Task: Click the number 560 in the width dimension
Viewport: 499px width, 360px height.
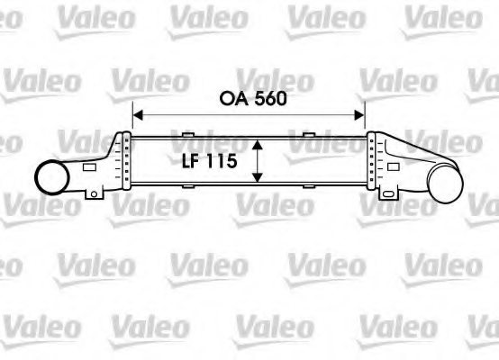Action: point(268,98)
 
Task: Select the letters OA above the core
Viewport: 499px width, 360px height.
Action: point(228,98)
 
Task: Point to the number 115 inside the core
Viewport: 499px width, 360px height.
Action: point(222,162)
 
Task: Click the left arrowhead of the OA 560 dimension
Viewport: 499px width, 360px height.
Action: point(138,114)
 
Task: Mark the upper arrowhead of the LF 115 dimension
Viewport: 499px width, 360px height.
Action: point(258,144)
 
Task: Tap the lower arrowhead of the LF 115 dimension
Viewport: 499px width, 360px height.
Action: point(258,177)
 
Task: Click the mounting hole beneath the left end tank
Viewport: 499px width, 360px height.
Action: point(93,194)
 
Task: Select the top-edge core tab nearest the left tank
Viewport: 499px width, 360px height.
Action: point(187,136)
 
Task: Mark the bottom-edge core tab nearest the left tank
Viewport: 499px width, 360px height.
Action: point(187,186)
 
